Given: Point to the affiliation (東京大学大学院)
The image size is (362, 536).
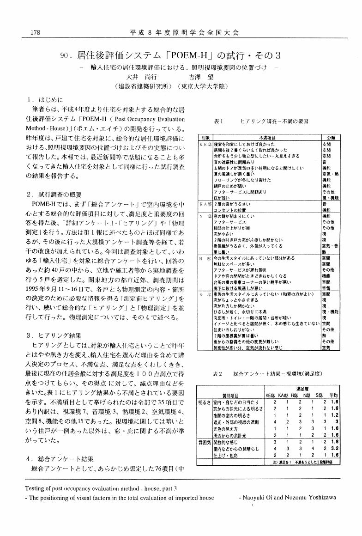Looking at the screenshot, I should coord(201,86).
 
